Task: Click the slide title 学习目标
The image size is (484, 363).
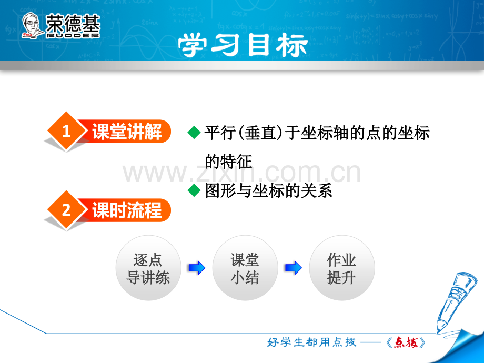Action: (x=243, y=45)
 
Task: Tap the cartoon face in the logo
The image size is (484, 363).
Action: (x=31, y=25)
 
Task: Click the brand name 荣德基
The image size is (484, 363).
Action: (x=73, y=24)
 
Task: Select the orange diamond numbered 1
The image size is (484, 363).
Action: (x=66, y=131)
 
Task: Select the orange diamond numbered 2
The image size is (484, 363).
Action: (x=66, y=210)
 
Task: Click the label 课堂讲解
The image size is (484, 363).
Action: (x=127, y=132)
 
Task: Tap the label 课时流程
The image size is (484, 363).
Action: (x=127, y=210)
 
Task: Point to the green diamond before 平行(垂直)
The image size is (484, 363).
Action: (x=194, y=133)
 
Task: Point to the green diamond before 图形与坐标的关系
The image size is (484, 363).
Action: (x=194, y=190)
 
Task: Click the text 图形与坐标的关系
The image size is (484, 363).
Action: (x=268, y=190)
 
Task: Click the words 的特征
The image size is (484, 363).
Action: (x=228, y=162)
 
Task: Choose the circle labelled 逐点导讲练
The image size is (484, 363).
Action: (x=148, y=268)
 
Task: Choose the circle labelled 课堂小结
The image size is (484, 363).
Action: (x=245, y=268)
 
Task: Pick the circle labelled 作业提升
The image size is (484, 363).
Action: (x=342, y=268)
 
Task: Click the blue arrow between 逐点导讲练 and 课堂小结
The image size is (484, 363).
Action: (x=197, y=268)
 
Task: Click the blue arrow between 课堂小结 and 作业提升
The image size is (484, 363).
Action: (x=294, y=268)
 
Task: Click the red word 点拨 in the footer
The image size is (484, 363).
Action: (x=406, y=342)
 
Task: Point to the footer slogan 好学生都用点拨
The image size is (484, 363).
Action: (x=311, y=342)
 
